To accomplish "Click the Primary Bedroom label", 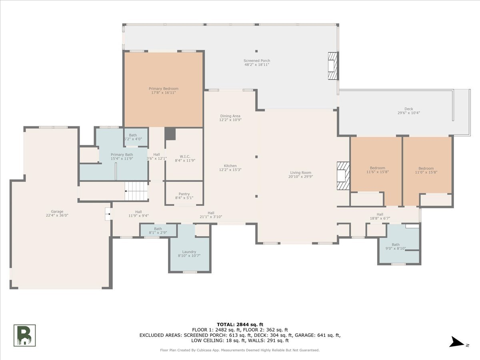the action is click(x=164, y=88).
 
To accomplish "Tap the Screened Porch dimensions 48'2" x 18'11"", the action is click(x=257, y=65).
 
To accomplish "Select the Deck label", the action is click(x=409, y=109).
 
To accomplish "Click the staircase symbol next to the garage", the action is click(x=136, y=191).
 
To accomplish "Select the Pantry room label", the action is click(x=184, y=194).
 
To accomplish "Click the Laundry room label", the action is click(x=189, y=252).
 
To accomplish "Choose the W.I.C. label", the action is click(x=185, y=156).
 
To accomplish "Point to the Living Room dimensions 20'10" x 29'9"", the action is click(x=301, y=177).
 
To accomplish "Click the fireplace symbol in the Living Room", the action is click(x=343, y=176).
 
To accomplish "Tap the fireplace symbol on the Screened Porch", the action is click(x=333, y=66).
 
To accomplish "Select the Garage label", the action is click(x=57, y=211).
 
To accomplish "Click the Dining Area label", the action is click(x=230, y=116).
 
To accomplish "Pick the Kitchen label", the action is click(x=230, y=166).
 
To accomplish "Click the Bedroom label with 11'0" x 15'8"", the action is click(x=426, y=168).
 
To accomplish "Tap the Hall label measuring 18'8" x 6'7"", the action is click(x=380, y=214).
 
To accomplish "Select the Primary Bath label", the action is click(x=122, y=154).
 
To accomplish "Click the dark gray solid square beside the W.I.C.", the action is click(x=170, y=134).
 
